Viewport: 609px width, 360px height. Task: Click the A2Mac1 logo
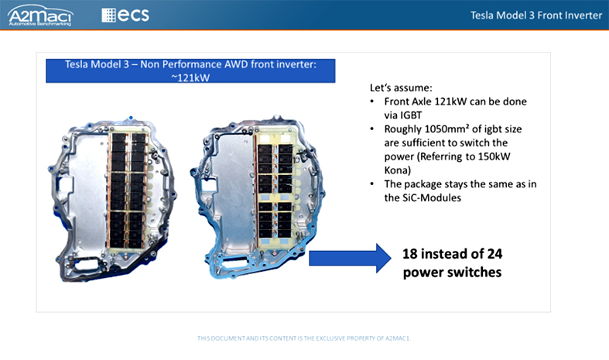[40, 15]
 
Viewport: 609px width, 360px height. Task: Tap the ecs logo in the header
[125, 15]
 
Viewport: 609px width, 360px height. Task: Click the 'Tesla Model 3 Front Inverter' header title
[536, 15]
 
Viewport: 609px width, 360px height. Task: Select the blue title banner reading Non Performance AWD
[190, 70]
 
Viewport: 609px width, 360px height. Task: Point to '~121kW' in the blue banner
[190, 77]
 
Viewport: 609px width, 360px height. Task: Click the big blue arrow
[350, 258]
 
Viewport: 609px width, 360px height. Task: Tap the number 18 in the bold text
[410, 254]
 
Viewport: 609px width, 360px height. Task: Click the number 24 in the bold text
[494, 254]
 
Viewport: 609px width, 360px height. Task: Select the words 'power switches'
[452, 273]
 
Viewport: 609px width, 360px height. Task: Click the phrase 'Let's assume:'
[401, 87]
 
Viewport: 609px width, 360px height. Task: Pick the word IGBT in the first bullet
[412, 115]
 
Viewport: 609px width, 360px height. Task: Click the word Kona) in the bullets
[397, 170]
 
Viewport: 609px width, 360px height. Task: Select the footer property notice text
[303, 338]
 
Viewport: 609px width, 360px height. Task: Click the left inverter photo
[113, 199]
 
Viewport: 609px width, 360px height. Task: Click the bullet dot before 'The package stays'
[372, 184]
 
